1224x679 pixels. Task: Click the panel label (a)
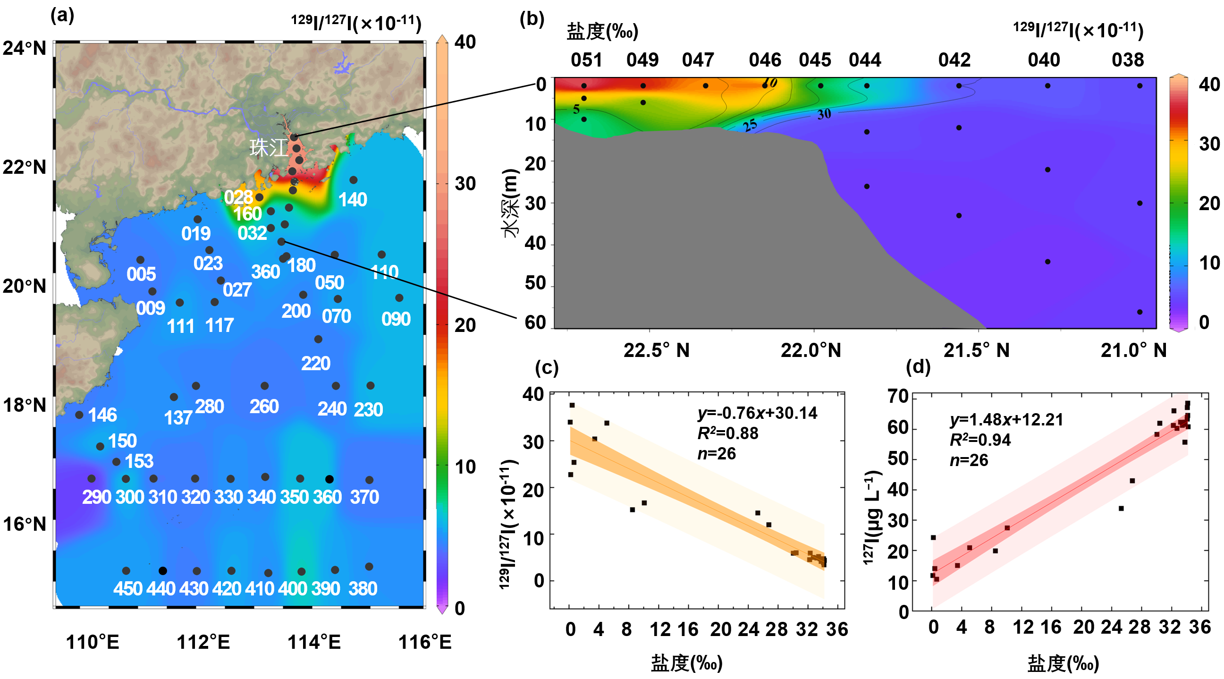62,16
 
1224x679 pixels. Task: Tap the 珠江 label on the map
268,148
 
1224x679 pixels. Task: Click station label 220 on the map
315,364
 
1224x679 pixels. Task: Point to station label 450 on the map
128,589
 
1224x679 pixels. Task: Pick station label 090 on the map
396,319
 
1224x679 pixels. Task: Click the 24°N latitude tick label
24,48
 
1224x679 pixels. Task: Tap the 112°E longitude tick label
203,642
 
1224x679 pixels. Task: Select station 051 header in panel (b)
586,60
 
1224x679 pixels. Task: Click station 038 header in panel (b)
1128,60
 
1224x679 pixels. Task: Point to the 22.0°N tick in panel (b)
810,350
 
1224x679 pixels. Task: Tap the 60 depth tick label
535,323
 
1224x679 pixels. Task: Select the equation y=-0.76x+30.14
758,413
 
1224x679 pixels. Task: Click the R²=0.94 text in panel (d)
980,440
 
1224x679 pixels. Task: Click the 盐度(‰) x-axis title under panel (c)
687,662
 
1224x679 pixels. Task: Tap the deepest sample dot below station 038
1140,312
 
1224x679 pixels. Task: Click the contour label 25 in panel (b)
750,125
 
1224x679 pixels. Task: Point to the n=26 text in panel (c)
717,454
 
